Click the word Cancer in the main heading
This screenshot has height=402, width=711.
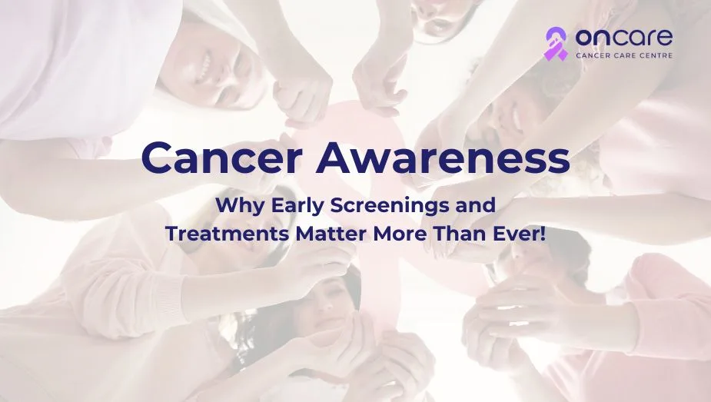[221, 158]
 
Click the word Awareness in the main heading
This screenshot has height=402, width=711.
[443, 158]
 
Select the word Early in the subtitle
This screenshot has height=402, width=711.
[298, 205]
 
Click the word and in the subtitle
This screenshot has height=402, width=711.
[476, 205]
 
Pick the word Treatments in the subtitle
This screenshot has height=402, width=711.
[228, 234]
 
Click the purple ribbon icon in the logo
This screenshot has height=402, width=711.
[556, 44]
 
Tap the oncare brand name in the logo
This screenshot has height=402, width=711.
[624, 37]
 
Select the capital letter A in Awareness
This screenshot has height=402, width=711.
[336, 158]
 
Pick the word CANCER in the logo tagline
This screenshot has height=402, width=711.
[591, 55]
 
